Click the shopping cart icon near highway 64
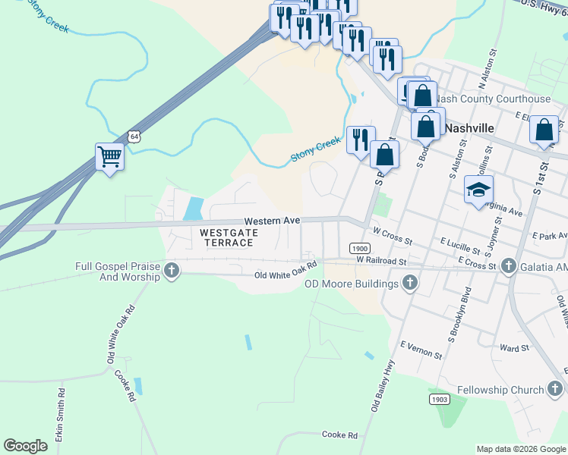click(x=110, y=157)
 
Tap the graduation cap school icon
click(x=479, y=190)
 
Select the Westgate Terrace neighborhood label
click(x=227, y=237)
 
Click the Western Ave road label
click(x=272, y=221)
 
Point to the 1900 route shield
click(x=360, y=249)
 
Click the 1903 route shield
click(x=439, y=399)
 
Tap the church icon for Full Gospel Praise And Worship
click(x=172, y=271)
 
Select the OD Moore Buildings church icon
click(x=410, y=284)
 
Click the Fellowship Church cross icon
click(x=556, y=390)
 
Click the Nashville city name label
click(x=469, y=128)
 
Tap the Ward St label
click(x=514, y=348)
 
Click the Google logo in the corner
click(x=25, y=446)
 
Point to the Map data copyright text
click(x=520, y=449)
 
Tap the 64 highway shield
click(x=134, y=136)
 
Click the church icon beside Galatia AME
click(x=509, y=266)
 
